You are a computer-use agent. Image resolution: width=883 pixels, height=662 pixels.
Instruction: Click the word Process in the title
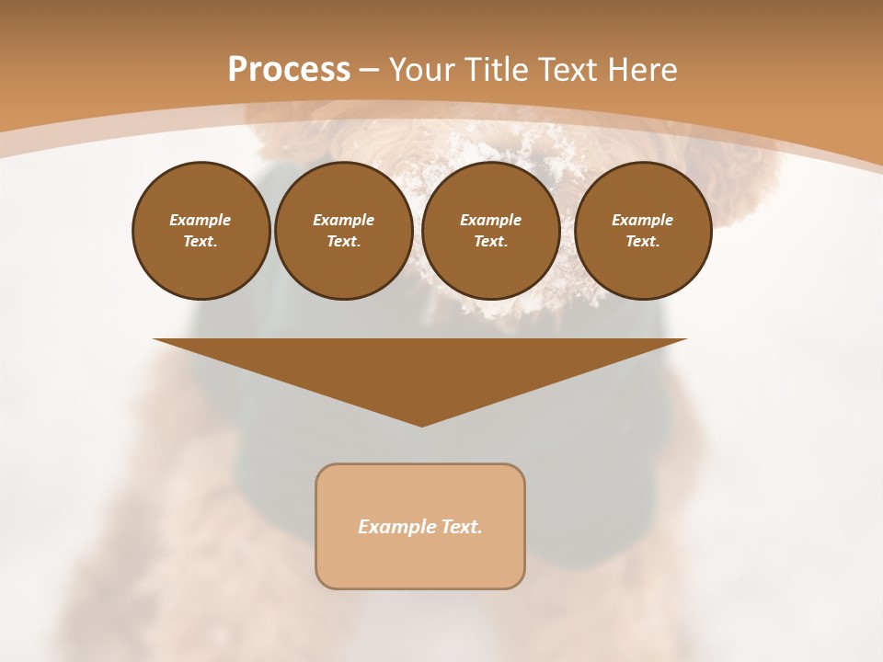tap(289, 70)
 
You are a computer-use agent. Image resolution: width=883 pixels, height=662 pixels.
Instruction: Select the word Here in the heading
tap(643, 70)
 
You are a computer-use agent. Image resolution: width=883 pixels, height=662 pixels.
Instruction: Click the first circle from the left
tap(201, 231)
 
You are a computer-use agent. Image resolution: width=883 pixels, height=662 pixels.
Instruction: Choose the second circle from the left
tap(343, 231)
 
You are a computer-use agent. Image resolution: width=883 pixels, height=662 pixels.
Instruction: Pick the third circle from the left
tap(490, 231)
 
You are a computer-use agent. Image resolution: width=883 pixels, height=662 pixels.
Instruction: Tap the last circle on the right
tap(642, 231)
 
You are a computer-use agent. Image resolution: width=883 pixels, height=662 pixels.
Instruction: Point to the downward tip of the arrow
tap(421, 424)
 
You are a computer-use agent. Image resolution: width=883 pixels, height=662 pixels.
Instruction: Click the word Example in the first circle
tap(201, 220)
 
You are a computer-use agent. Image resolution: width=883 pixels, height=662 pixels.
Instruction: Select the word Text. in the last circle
tap(642, 242)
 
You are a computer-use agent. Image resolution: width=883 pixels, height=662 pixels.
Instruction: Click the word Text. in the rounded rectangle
tap(461, 527)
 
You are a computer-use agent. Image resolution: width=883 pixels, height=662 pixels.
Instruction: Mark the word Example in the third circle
tap(490, 220)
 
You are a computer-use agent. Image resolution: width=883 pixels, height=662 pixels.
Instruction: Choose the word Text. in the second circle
tap(343, 242)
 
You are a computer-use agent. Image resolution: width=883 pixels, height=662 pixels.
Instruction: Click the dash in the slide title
tap(369, 70)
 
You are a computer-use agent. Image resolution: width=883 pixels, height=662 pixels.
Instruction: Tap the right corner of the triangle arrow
tap(684, 340)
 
